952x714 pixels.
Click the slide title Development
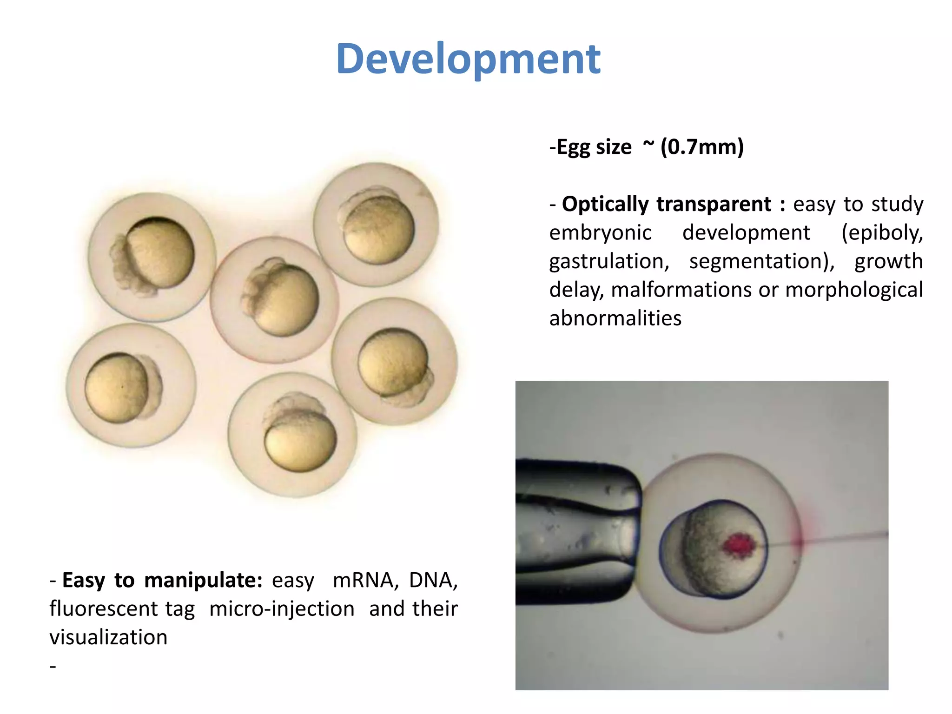468,59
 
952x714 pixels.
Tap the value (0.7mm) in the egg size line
702,147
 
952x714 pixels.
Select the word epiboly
882,232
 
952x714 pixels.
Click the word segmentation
761,261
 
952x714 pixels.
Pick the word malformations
681,290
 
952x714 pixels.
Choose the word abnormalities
615,318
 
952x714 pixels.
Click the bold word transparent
713,204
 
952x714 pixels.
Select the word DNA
432,580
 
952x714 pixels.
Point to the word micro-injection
282,609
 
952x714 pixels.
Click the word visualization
108,637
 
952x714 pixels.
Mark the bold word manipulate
203,580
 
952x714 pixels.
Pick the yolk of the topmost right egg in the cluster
380,229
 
